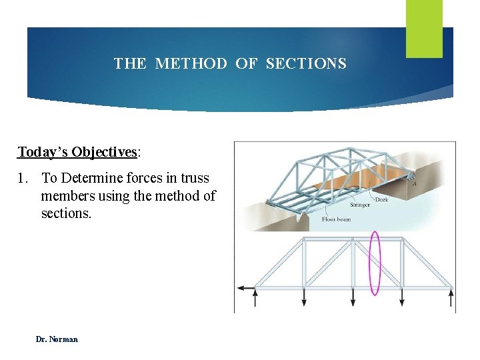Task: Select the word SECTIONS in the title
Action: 306,64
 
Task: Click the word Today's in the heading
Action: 43,152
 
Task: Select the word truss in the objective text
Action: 193,179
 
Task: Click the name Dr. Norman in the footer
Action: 57,339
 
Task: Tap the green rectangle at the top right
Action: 424,28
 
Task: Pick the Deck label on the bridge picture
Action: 381,199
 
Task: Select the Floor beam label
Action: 337,219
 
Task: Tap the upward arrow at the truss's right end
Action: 451,297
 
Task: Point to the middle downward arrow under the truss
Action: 353,297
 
